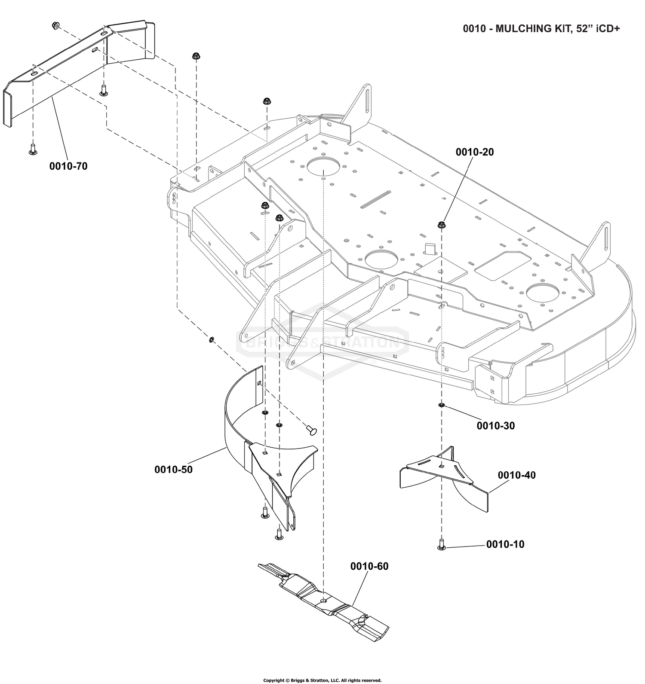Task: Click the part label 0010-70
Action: (x=68, y=166)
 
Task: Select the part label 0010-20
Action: (x=475, y=152)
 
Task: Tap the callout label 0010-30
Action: (x=495, y=425)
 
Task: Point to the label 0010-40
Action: (x=517, y=475)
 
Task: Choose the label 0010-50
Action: (x=173, y=470)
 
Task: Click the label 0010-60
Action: (x=369, y=566)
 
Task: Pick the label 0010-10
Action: (x=505, y=544)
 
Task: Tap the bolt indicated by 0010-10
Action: (x=441, y=545)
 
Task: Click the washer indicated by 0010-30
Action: (x=441, y=405)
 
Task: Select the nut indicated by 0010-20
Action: (x=441, y=224)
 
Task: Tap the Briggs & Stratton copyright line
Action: (x=322, y=680)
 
